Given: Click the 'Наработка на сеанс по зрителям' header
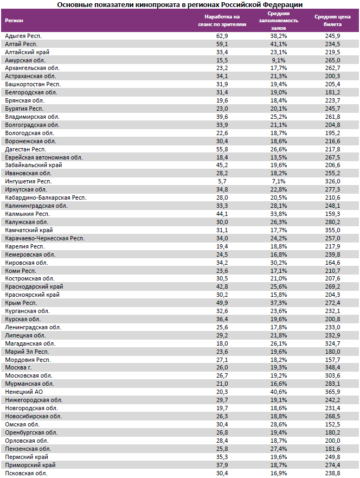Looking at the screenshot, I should point(222,21).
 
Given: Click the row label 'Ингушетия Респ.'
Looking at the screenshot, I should point(28,181).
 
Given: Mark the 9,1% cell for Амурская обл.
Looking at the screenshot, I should point(280,60).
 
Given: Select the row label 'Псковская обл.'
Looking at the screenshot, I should point(26,473).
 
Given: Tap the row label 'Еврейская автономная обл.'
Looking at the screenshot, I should point(43,157).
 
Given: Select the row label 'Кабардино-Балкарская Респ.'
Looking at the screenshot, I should point(45,197).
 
